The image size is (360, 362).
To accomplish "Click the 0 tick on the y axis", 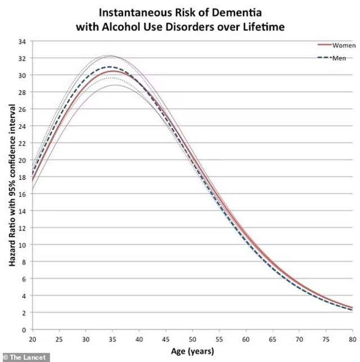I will (24, 330).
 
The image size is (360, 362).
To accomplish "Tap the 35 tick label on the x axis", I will (112, 338).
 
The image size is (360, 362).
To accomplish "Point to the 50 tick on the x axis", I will (192, 338).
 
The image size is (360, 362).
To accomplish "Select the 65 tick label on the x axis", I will (273, 338).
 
